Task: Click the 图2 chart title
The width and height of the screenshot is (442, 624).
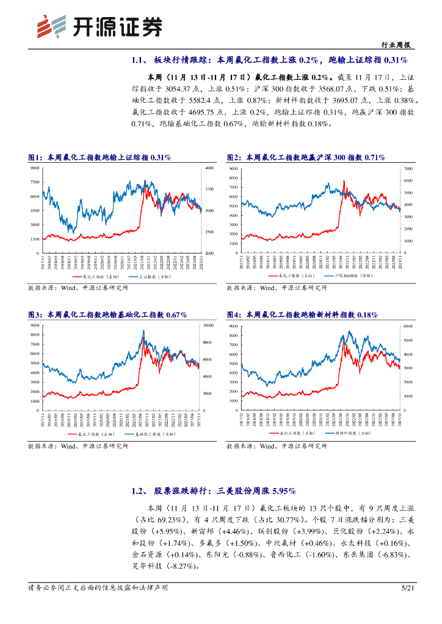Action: [305, 157]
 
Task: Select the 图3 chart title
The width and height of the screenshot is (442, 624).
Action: [107, 314]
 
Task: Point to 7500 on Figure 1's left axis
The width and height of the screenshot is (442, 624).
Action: [34, 182]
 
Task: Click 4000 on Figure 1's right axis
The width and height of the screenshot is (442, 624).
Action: [209, 168]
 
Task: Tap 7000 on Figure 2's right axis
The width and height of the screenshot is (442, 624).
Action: [408, 168]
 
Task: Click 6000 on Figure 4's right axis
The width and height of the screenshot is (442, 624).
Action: [408, 326]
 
